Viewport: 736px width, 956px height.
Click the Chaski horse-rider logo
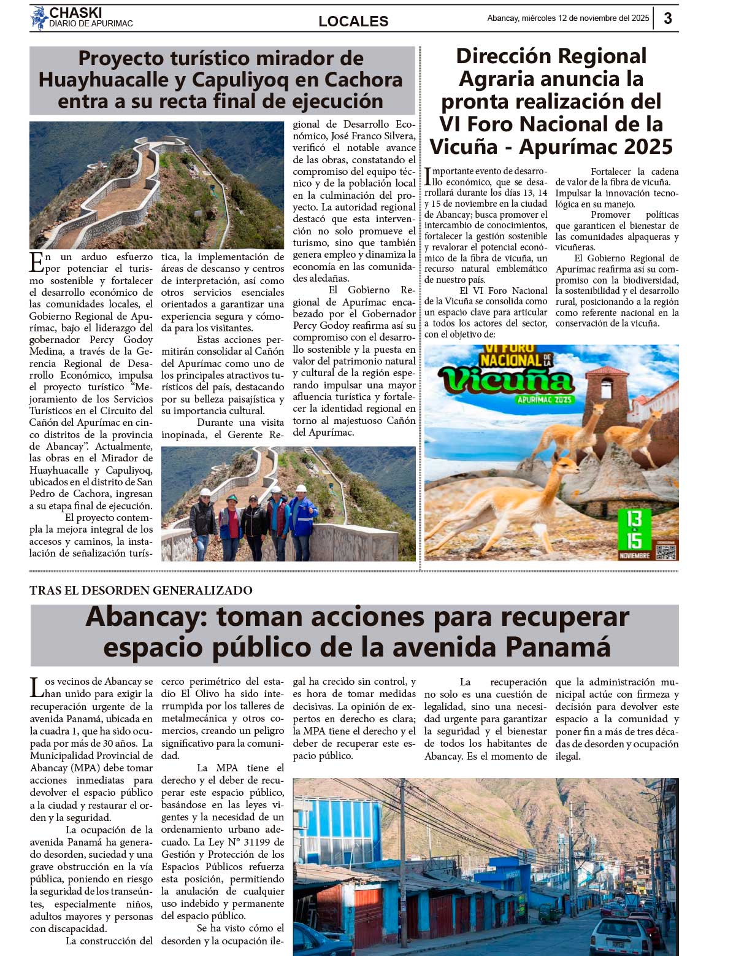pos(39,18)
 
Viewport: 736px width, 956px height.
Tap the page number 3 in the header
pos(668,18)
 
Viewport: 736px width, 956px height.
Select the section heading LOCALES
pos(353,21)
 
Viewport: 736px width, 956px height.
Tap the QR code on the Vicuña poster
pos(665,550)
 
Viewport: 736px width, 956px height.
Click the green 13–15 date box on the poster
pos(634,529)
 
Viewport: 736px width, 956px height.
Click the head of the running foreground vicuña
pos(564,464)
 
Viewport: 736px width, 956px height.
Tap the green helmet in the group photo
pos(232,498)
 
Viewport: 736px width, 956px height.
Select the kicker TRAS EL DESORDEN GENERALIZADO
pos(141,590)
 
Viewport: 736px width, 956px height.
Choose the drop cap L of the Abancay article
pos(37,687)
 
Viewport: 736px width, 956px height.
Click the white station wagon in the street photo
pos(620,936)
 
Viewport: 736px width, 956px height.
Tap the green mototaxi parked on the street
pos(550,914)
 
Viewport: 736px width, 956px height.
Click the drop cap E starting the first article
pos(36,262)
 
